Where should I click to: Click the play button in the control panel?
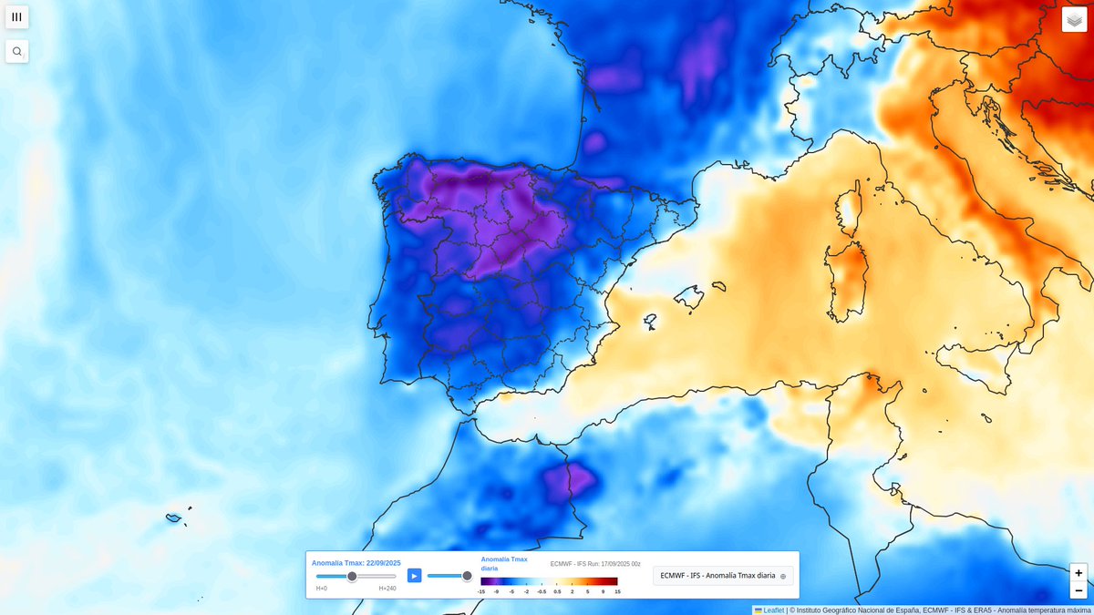pyautogui.click(x=414, y=576)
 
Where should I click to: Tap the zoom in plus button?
pyautogui.click(x=1079, y=573)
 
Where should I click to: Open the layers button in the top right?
pyautogui.click(x=1074, y=19)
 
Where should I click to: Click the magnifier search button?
pyautogui.click(x=17, y=51)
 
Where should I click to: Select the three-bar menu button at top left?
pyautogui.click(x=17, y=16)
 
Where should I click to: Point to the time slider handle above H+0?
pyautogui.click(x=352, y=576)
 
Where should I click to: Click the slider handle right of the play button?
pyautogui.click(x=467, y=576)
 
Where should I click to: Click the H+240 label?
pyautogui.click(x=387, y=589)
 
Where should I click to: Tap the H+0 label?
pyautogui.click(x=322, y=589)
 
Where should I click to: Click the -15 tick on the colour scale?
pyautogui.click(x=480, y=592)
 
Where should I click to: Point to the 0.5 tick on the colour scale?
pyautogui.click(x=556, y=592)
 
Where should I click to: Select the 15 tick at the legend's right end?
pyautogui.click(x=617, y=592)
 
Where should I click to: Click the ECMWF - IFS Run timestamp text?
pyautogui.click(x=595, y=564)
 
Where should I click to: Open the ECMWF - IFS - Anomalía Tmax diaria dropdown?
pyautogui.click(x=723, y=576)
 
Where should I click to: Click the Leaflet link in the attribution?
pyautogui.click(x=773, y=610)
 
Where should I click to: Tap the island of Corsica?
pyautogui.click(x=850, y=210)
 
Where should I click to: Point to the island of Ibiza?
pyautogui.click(x=650, y=321)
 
